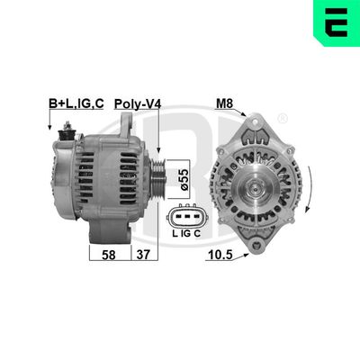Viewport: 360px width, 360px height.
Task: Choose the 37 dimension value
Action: (141, 255)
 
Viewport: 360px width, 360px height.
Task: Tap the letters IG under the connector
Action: (185, 236)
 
